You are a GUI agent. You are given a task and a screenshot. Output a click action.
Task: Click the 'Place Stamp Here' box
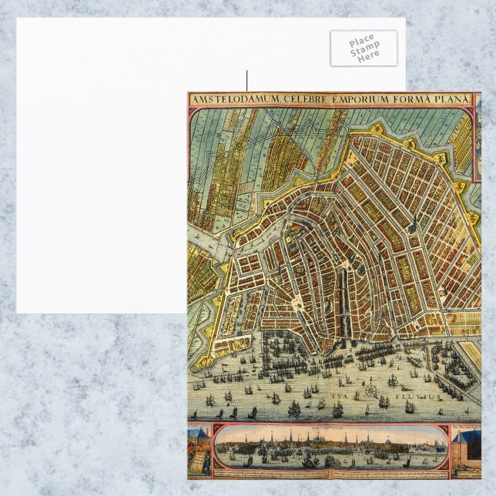tap(364, 48)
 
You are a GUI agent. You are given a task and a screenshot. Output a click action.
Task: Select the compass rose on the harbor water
tap(371, 390)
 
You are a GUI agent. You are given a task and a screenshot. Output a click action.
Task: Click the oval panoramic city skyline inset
tap(331, 447)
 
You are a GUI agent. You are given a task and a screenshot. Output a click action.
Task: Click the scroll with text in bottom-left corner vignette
tap(197, 461)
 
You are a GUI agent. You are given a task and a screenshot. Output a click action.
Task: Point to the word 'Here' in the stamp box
tap(368, 56)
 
